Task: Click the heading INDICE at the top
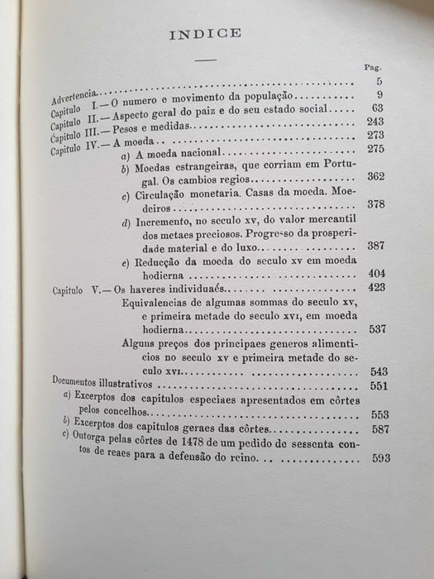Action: coord(204,34)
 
